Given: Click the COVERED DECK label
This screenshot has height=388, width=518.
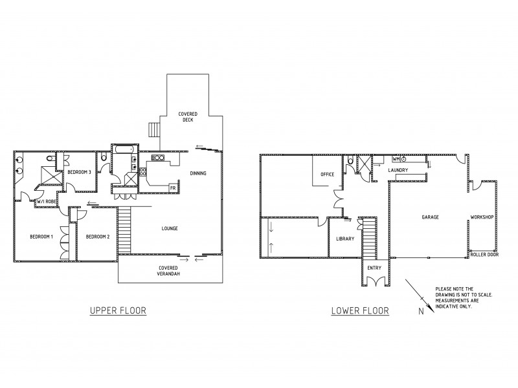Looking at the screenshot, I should [x=188, y=117].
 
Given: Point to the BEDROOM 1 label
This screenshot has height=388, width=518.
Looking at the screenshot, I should [x=41, y=237].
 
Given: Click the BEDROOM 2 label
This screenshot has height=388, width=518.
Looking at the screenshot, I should [x=97, y=237].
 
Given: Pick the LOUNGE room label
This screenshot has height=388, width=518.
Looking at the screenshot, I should [x=170, y=228].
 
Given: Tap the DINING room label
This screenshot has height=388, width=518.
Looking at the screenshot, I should [x=199, y=173].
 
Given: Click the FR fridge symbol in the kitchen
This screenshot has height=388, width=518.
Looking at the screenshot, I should [x=173, y=188].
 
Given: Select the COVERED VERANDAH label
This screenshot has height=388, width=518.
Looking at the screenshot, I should [x=168, y=271].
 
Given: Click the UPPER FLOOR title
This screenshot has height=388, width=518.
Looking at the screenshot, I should [x=117, y=311].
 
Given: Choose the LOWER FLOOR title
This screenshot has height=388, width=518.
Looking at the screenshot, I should [x=360, y=311].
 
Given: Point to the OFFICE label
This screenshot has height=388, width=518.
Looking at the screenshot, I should [x=327, y=175].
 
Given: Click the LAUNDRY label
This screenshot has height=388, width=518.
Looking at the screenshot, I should [x=397, y=170].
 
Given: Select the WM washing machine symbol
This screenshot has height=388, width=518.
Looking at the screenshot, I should [x=396, y=158].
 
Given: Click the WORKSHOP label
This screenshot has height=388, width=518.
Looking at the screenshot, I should [x=482, y=217].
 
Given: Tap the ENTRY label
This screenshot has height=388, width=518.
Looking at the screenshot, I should [x=374, y=268].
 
